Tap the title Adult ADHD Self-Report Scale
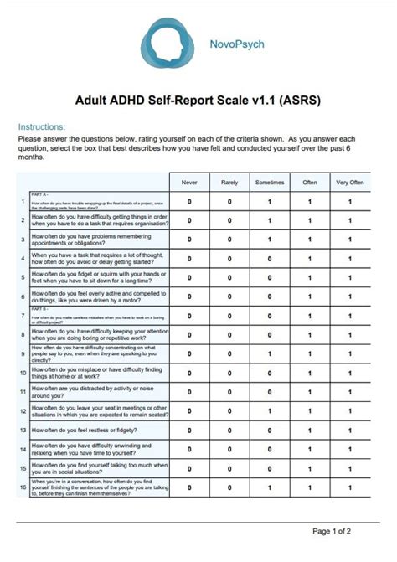(198, 101)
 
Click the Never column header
(189, 182)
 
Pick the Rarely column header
(229, 182)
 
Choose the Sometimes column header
(270, 182)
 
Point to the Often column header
(309, 182)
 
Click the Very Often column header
(349, 182)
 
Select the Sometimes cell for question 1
(270, 201)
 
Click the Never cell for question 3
(189, 240)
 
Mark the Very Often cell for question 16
(349, 487)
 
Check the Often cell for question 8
(309, 335)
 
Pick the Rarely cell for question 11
(229, 392)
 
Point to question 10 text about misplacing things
(96, 373)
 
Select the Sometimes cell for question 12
(270, 410)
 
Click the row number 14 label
(23, 449)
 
